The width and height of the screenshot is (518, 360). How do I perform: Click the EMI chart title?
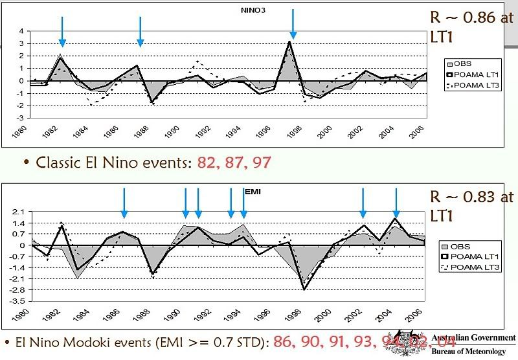(x=252, y=192)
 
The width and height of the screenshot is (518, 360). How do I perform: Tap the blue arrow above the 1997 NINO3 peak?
(x=293, y=24)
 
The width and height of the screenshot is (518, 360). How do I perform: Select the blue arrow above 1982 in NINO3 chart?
(x=62, y=30)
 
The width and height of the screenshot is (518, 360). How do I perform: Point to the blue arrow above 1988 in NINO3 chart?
(x=141, y=30)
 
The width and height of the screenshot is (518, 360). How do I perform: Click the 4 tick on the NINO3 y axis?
(x=21, y=31)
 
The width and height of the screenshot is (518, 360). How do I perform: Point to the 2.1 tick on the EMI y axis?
(x=19, y=212)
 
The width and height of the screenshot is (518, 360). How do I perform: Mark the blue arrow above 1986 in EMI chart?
(x=124, y=203)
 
